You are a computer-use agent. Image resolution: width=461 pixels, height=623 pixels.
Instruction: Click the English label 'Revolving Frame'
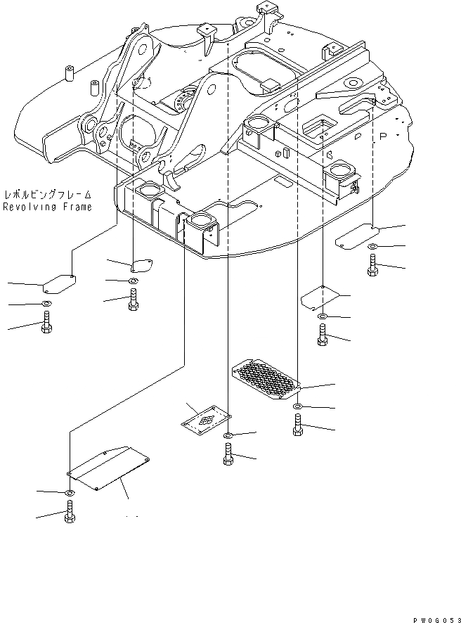46,207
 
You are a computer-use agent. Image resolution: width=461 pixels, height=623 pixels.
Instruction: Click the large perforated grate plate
266,380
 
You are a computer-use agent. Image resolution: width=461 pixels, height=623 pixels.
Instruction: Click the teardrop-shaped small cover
143,264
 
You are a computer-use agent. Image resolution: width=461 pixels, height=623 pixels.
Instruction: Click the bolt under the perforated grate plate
298,425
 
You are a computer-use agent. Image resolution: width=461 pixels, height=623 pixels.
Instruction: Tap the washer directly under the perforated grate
298,407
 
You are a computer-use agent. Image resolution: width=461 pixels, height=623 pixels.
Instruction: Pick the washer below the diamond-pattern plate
229,437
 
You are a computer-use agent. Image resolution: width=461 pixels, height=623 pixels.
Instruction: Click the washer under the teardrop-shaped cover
133,281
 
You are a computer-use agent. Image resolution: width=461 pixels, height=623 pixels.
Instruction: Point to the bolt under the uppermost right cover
372,266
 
